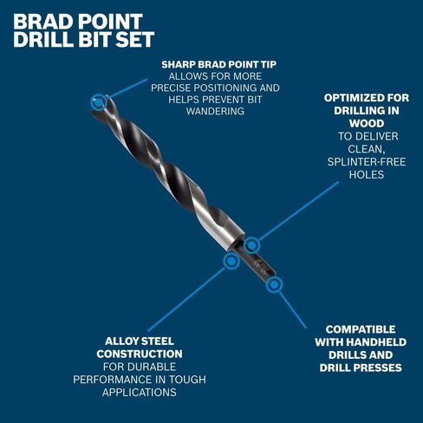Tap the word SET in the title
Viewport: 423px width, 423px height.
click(135, 39)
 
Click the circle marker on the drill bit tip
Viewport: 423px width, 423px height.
click(99, 102)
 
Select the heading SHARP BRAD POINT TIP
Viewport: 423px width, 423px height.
click(219, 64)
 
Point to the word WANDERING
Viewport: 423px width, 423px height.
click(215, 111)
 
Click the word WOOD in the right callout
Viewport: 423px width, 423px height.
click(367, 123)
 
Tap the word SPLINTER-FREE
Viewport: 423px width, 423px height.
click(367, 162)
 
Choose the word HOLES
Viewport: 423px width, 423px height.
click(367, 174)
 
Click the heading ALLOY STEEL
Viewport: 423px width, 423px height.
click(140, 342)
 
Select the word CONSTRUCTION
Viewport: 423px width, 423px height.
click(140, 354)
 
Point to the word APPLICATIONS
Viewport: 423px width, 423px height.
click(140, 393)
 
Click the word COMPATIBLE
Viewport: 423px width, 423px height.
click(361, 329)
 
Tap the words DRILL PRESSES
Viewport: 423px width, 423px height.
click(361, 368)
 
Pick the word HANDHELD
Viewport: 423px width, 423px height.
click(376, 342)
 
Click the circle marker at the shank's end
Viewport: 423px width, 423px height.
click(274, 285)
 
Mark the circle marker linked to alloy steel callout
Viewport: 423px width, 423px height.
click(231, 261)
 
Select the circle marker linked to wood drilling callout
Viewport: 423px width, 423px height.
click(251, 245)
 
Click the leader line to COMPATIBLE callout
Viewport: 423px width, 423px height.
click(293, 310)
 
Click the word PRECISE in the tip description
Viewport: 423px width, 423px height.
click(171, 88)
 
